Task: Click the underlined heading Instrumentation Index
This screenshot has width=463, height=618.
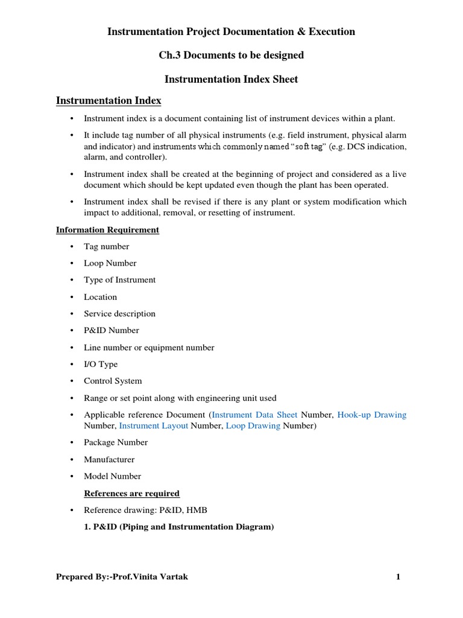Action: [x=109, y=101]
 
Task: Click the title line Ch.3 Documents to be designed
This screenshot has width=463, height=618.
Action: [x=231, y=56]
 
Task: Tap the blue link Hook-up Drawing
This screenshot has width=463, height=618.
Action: [x=371, y=415]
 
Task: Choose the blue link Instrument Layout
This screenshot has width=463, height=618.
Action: [x=153, y=425]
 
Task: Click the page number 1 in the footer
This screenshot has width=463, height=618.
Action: [x=398, y=577]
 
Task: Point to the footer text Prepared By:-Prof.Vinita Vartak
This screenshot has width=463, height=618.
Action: [x=122, y=577]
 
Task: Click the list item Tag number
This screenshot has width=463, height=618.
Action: [x=106, y=246]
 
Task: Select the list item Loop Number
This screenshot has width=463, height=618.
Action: [x=110, y=263]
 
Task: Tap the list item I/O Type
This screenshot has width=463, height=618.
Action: [x=101, y=364]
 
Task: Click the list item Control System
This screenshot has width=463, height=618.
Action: [x=113, y=381]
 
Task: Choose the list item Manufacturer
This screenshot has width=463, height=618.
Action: [x=109, y=459]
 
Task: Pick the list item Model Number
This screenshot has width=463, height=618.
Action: [x=112, y=476]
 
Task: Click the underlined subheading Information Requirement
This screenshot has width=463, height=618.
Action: [x=107, y=230]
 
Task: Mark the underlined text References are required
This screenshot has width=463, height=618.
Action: [x=131, y=493]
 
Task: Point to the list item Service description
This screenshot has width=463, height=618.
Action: [x=119, y=313]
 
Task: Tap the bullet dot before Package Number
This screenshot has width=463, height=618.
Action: [x=71, y=442]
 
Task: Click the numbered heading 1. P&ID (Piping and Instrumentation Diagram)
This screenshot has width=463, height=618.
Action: [x=178, y=527]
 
